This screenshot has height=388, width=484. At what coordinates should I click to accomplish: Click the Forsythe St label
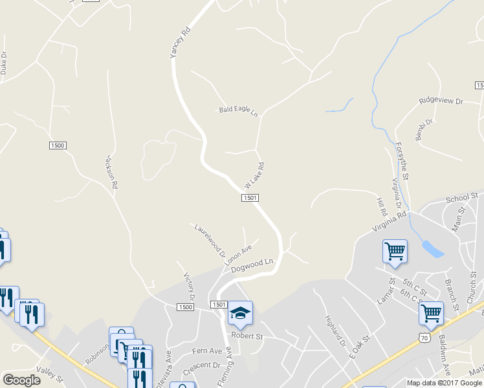[x=402, y=162]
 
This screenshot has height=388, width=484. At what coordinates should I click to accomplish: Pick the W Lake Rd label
[x=254, y=176]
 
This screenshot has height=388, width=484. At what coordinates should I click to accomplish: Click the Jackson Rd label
[x=111, y=172]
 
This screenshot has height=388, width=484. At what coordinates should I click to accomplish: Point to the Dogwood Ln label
[x=253, y=265]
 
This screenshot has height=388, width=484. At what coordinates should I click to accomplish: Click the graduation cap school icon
[x=240, y=314]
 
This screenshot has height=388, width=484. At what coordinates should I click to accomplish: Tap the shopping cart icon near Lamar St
[x=395, y=250]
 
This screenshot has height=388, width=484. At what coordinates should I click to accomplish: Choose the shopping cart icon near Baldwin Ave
[x=430, y=314]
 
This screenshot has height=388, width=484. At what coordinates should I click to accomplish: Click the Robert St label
[x=248, y=337]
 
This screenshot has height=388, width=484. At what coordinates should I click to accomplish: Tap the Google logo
[x=21, y=380]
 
